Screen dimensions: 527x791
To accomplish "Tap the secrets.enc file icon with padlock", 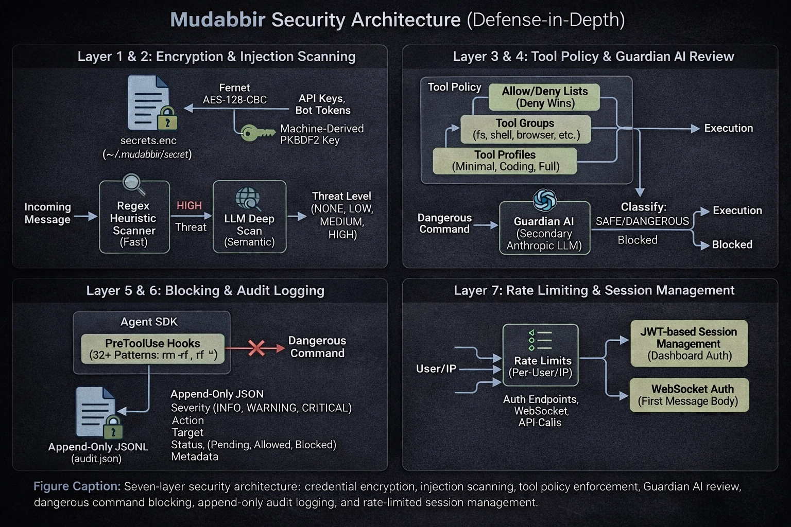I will point(151,103).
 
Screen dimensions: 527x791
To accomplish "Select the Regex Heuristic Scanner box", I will point(134,218).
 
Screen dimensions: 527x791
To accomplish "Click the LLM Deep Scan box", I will point(249,217).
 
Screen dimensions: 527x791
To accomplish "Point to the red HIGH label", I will point(189,205).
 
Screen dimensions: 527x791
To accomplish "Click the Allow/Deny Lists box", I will point(544,97).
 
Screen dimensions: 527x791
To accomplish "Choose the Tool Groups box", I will point(525,129).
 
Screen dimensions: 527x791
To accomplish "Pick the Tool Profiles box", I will point(505,161).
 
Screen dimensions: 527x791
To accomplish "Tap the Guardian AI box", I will point(544,228).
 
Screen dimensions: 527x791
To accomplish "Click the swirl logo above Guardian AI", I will point(545,200).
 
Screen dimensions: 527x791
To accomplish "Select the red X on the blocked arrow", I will point(256,348).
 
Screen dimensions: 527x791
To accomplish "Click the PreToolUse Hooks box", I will point(152,349).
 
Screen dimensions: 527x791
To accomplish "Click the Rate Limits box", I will point(540,355).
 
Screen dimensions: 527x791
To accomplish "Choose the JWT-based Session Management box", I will point(689,343).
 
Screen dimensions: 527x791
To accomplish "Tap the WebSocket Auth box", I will point(689,395).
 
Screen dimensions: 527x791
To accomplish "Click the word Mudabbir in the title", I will point(217,20).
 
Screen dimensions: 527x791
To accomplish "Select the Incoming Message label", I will point(47,213).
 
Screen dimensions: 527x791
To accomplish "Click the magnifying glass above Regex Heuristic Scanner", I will point(134,184).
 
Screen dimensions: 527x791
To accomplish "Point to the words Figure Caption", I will point(77,486).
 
